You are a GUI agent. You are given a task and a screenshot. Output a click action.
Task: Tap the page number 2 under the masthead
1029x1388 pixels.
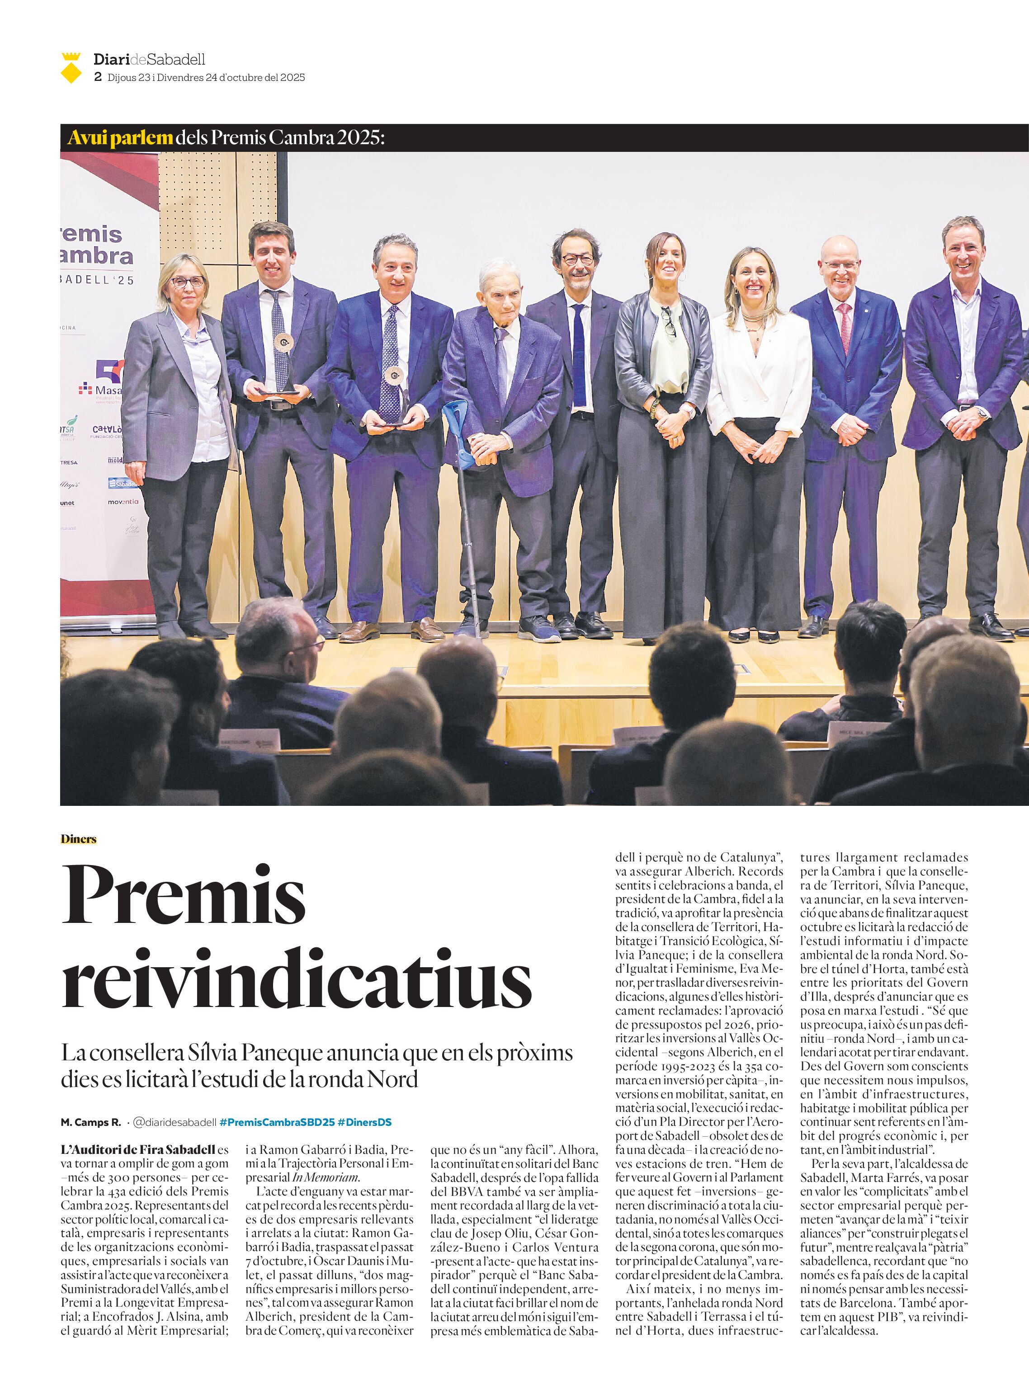[x=97, y=78]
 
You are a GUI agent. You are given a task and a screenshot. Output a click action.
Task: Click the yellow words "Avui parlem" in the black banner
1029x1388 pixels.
[x=112, y=137]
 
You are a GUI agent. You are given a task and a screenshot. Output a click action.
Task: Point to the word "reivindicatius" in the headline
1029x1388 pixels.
[x=297, y=979]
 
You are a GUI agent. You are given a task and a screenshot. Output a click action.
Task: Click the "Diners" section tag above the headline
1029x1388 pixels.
[x=79, y=839]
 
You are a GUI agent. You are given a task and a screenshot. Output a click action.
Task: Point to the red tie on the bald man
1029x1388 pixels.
[x=845, y=326]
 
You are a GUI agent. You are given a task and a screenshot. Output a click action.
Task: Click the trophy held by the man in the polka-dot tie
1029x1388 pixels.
[x=394, y=399]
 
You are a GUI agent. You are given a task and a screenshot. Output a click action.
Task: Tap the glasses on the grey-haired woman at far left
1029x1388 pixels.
[x=187, y=282]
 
